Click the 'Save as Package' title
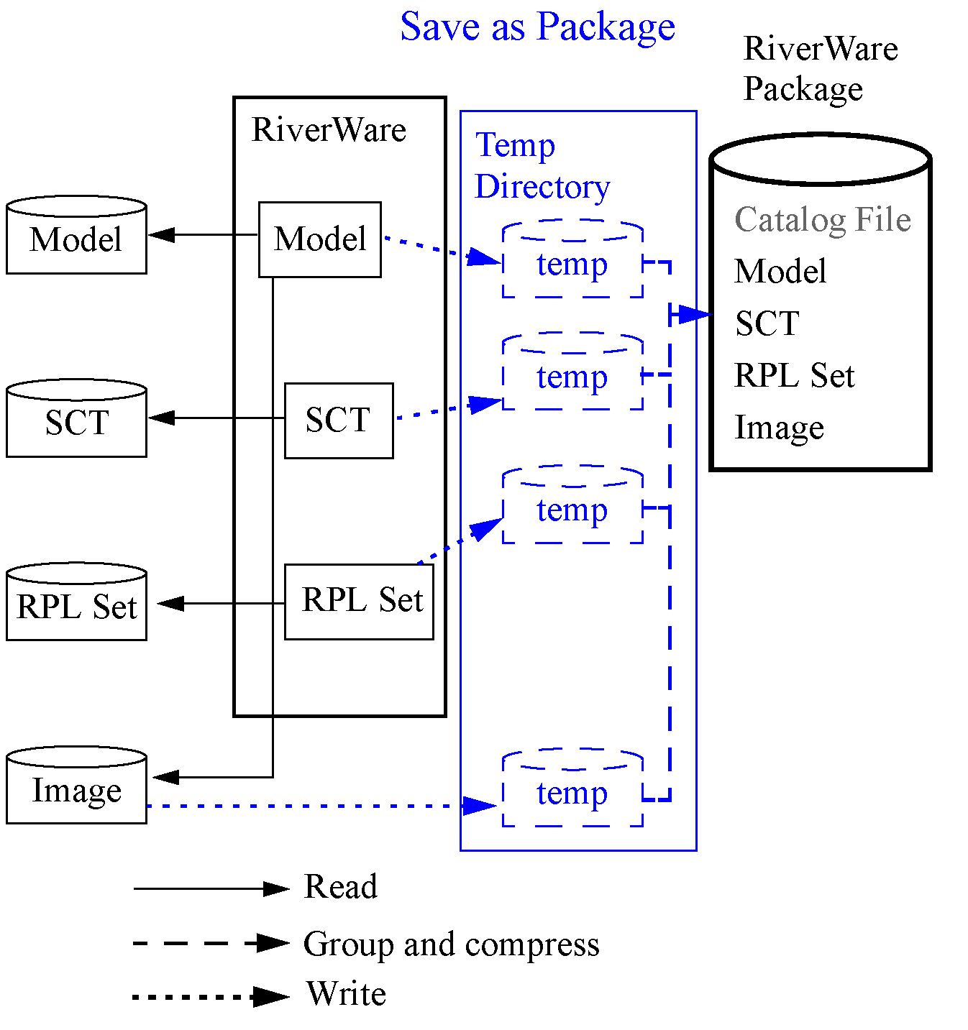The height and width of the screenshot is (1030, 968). [x=537, y=27]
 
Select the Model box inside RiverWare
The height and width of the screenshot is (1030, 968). [x=319, y=239]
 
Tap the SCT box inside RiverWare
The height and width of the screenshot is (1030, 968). [x=338, y=420]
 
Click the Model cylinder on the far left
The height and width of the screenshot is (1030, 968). [x=76, y=237]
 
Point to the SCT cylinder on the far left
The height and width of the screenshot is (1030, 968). [x=76, y=420]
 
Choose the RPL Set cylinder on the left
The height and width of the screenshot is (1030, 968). [x=76, y=604]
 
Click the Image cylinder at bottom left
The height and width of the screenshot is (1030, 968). [x=76, y=788]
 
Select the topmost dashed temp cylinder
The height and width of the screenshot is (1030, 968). [x=572, y=262]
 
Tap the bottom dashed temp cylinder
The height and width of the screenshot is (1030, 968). [x=572, y=790]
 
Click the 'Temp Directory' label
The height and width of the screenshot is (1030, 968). [x=542, y=166]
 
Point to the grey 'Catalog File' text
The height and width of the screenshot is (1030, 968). [x=822, y=220]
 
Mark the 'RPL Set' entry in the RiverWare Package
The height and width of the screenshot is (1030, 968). [x=794, y=375]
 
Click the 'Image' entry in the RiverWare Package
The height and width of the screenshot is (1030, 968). [x=779, y=428]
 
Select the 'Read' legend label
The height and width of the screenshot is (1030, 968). [x=340, y=886]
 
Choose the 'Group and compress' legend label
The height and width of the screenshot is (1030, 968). [x=451, y=944]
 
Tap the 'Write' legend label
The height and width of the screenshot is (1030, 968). [x=346, y=994]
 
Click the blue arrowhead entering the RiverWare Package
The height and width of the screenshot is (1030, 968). [x=694, y=314]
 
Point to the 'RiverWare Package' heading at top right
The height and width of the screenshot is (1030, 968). [x=820, y=69]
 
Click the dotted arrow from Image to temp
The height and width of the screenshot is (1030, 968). [x=309, y=806]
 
